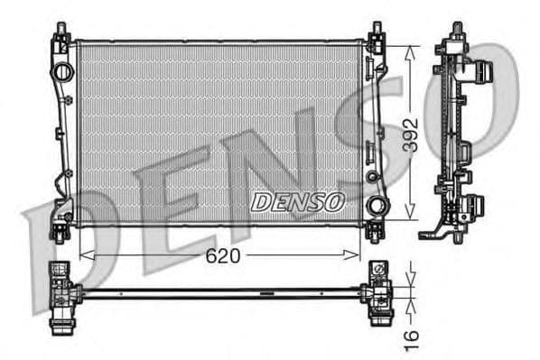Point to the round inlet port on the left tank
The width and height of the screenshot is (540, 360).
(x=62, y=71)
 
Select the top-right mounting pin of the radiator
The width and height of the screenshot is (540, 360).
(x=375, y=32)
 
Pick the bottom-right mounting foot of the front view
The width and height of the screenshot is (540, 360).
(x=375, y=232)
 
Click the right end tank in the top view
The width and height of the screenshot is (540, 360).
(x=377, y=291)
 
